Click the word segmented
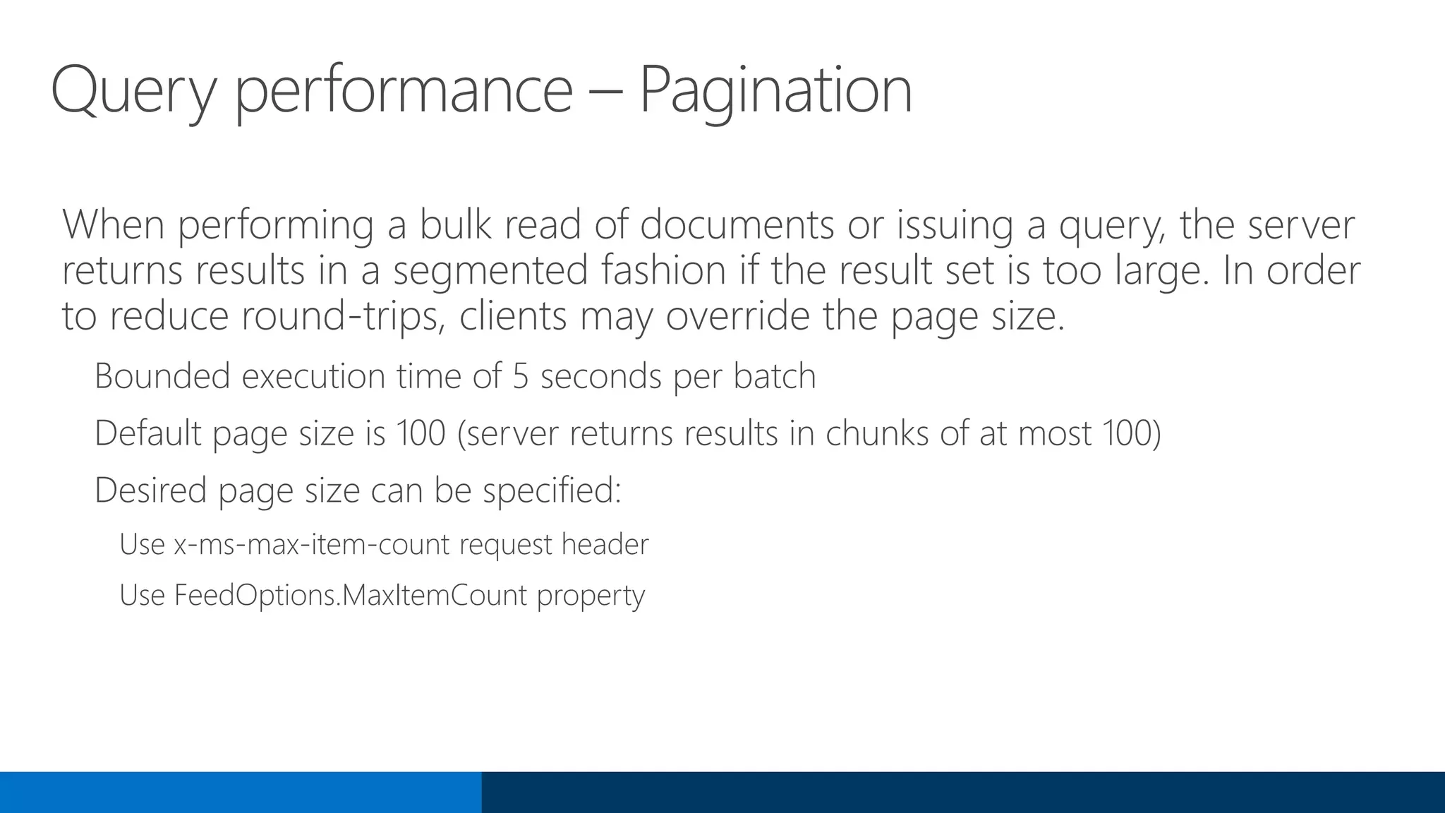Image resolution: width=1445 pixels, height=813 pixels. tap(490, 270)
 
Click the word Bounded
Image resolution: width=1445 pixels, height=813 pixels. tap(162, 375)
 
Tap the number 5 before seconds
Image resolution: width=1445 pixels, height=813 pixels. tap(520, 375)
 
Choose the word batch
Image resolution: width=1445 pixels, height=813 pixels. tap(774, 375)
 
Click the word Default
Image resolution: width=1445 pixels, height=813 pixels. tap(148, 433)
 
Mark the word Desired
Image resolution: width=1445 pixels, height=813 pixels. tap(150, 490)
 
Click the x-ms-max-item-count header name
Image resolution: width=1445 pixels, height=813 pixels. tap(312, 545)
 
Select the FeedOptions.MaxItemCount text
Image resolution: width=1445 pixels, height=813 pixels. tap(351, 595)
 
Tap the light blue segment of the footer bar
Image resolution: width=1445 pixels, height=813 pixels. tap(241, 792)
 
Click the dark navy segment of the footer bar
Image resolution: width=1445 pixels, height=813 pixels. tap(963, 792)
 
